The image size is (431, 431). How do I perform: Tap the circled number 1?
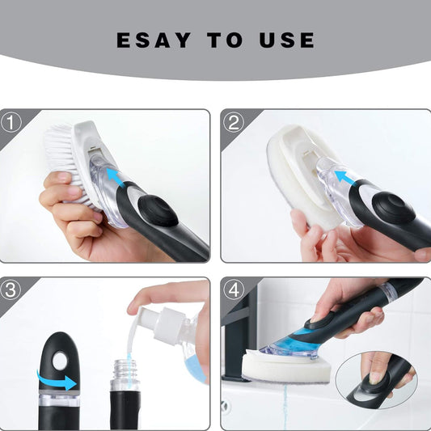point(11,122)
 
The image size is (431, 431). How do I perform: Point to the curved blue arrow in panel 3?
point(55,378)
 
